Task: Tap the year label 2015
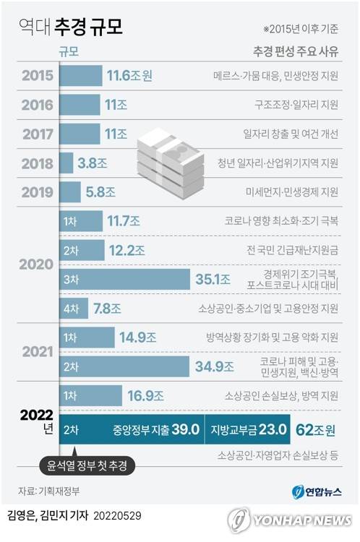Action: click(x=37, y=75)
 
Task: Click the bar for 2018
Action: click(x=67, y=163)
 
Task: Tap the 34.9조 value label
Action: click(x=215, y=366)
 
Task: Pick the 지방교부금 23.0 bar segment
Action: click(x=248, y=429)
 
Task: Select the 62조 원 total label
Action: click(x=316, y=429)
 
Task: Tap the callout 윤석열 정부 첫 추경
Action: click(x=87, y=467)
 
